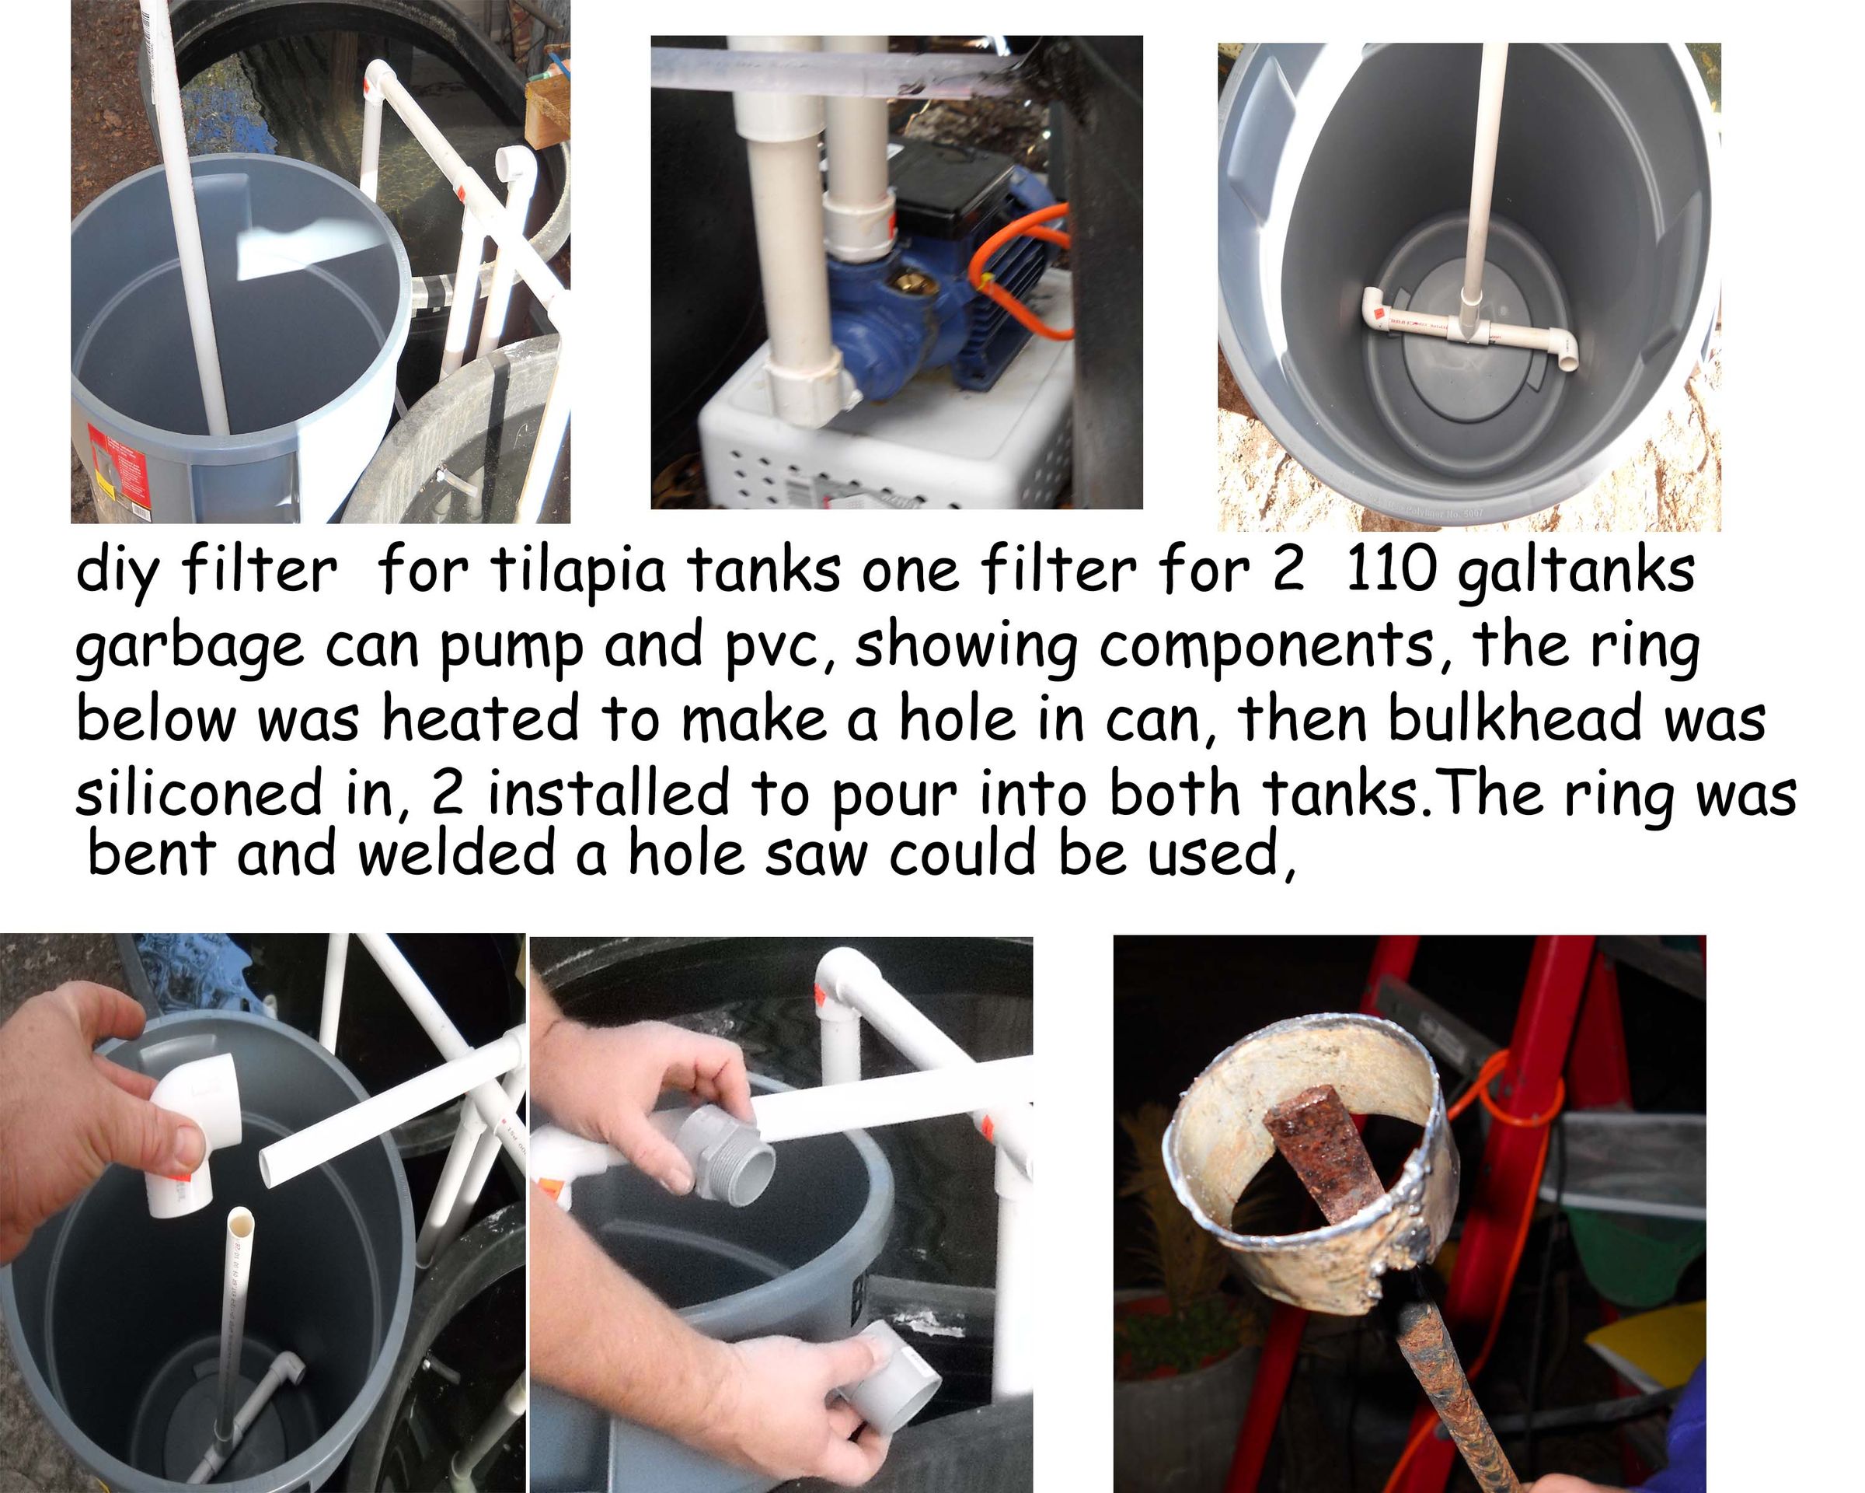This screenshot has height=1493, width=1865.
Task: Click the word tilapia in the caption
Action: pyautogui.click(x=578, y=573)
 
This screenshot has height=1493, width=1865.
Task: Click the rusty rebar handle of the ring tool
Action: pyautogui.click(x=1458, y=1393)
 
